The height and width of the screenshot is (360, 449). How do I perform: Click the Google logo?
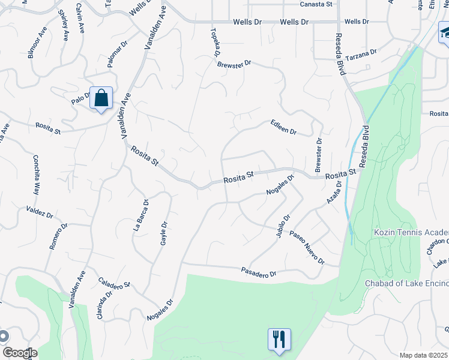coord(20,352)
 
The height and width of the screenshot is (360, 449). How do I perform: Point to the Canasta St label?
coord(316,4)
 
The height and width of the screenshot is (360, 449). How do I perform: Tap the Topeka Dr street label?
coord(215,41)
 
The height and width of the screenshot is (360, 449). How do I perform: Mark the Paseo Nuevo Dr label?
coord(307,248)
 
